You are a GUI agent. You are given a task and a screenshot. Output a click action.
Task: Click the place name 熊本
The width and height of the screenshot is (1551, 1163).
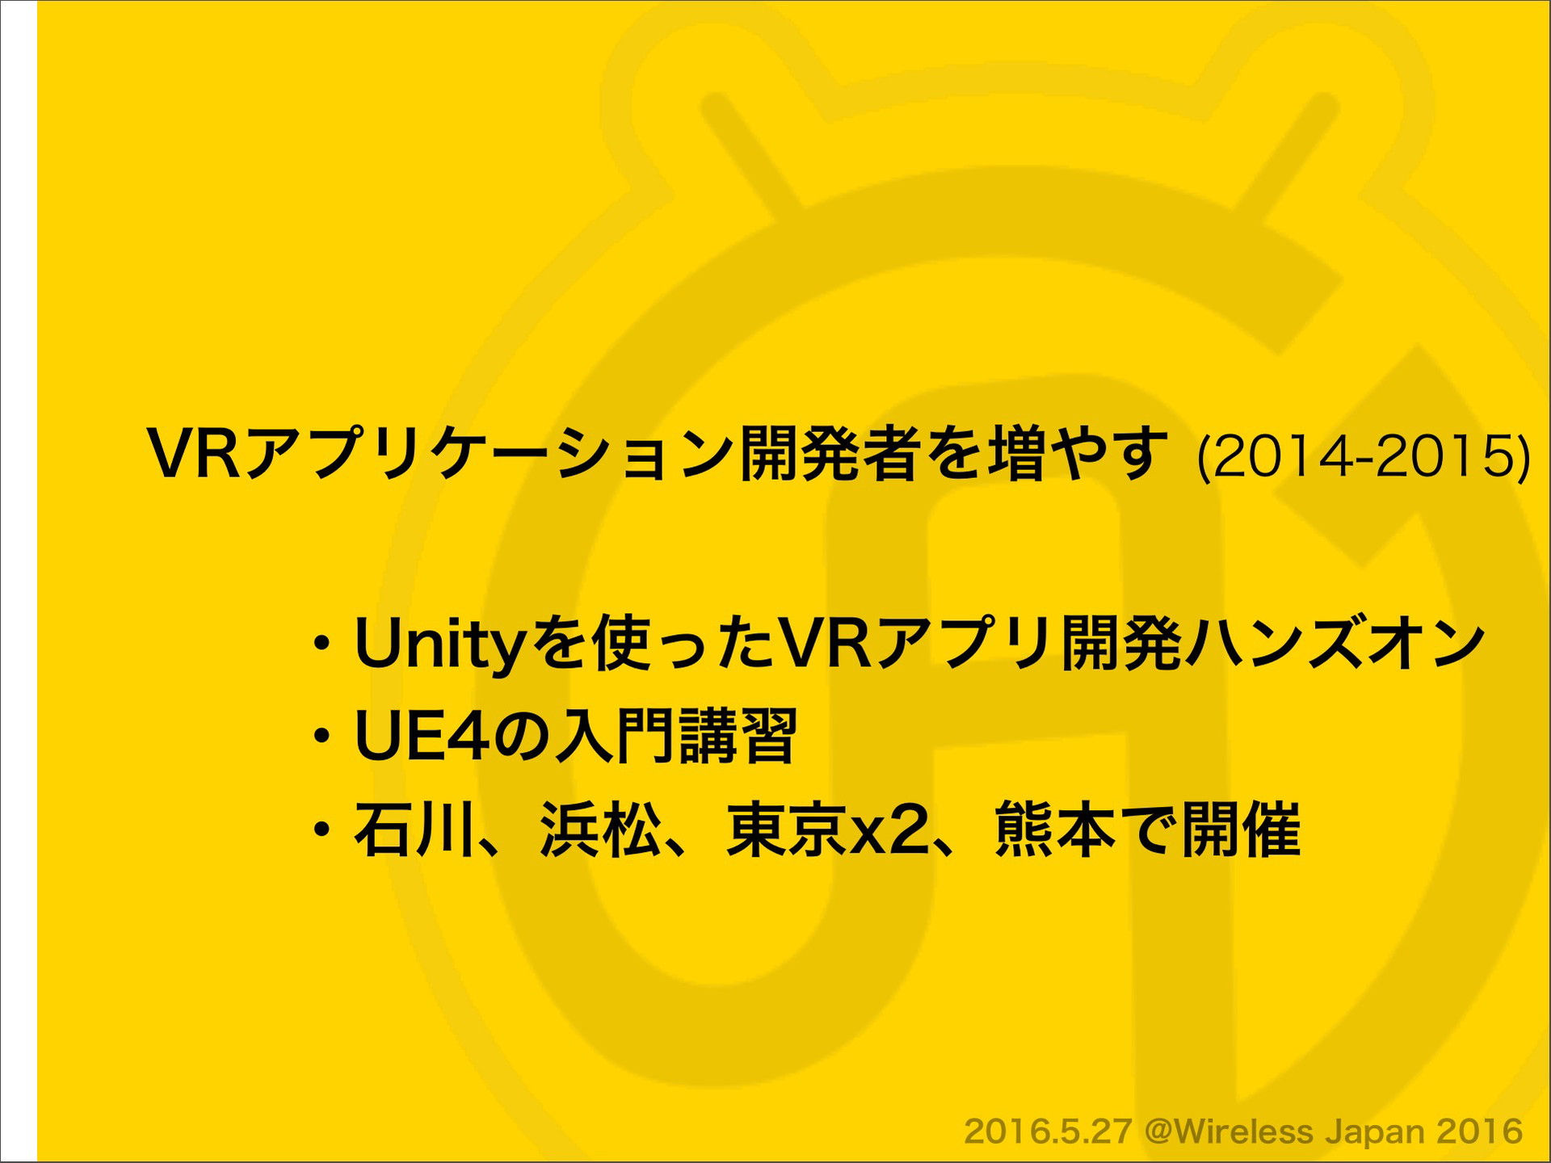[x=1055, y=829]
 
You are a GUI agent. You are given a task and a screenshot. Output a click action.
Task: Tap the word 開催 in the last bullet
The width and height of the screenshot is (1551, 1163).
[x=1242, y=829]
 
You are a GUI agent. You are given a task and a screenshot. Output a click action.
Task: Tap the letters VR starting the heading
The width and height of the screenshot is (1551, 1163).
[x=193, y=455]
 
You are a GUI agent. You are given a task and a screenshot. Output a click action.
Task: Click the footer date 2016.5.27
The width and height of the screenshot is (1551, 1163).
[x=1047, y=1131]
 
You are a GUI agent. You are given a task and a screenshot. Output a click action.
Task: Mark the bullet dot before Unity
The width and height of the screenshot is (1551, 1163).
[x=322, y=645]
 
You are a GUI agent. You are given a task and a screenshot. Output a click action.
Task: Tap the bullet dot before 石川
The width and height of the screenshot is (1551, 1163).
[x=322, y=830]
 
